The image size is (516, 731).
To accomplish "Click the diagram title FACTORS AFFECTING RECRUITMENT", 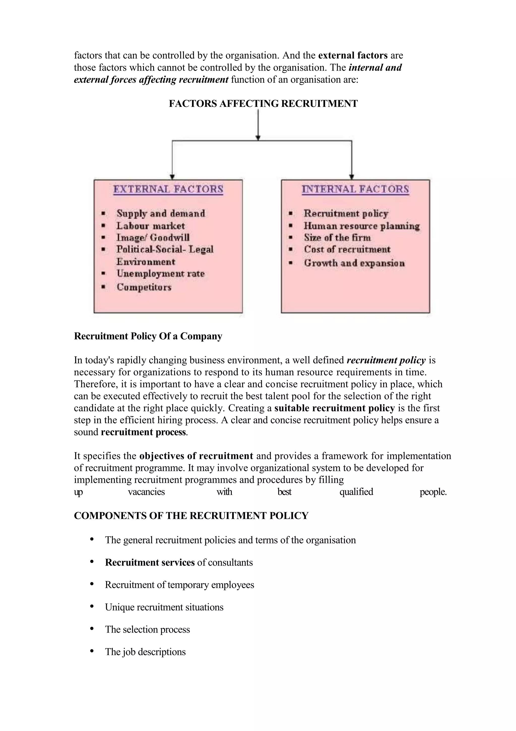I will coord(263,104).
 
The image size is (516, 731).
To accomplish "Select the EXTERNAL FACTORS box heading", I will coord(168,189).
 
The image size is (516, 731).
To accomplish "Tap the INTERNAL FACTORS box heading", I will coord(355,189).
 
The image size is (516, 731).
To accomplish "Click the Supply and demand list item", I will coord(160,213).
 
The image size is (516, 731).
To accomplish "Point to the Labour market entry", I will coord(150,226).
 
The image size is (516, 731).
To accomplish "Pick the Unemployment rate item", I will coord(160,273).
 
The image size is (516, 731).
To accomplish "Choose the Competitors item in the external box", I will coord(144,287).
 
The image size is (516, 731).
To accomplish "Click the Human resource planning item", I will coord(362,226).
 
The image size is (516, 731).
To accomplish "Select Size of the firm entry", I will coord(337,238).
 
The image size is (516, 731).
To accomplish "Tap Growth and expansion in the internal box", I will coord(354,263).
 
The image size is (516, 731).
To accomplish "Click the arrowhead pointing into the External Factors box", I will coord(172,177).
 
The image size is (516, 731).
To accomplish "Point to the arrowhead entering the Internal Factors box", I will coord(352,177).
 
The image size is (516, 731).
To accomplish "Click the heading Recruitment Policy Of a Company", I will coord(148,336).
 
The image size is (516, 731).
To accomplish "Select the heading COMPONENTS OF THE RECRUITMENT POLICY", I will coord(191,516).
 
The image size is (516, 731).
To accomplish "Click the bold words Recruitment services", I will coord(150,562).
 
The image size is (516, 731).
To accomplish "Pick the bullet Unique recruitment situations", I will coord(164,607).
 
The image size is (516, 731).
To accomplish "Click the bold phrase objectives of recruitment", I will coord(196,456).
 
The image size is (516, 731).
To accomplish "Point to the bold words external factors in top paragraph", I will coord(352,55).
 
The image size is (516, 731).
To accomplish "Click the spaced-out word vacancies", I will coord(146,492).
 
